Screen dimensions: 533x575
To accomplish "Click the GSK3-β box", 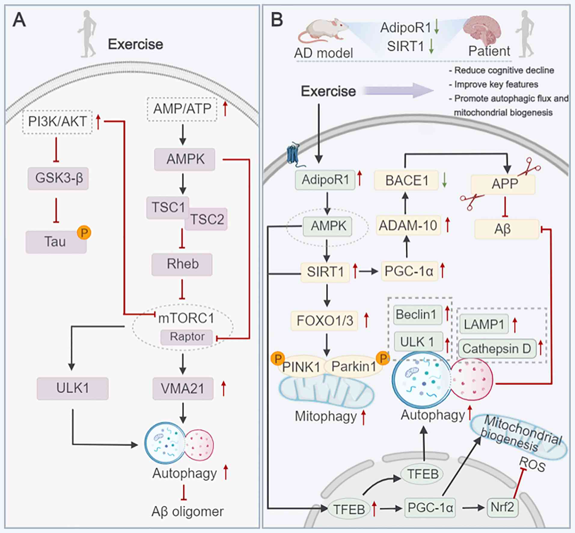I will pyautogui.click(x=58, y=178).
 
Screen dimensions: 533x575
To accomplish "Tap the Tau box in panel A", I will pyautogui.click(x=56, y=242).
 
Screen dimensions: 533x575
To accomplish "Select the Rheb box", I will pyautogui.click(x=182, y=264).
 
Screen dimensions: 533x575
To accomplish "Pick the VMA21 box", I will pyautogui.click(x=183, y=388).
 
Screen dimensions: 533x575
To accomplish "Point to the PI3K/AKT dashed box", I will pyautogui.click(x=57, y=122).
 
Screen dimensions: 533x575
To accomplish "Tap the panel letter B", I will pyautogui.click(x=277, y=20).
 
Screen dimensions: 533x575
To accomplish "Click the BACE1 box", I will pyautogui.click(x=406, y=180).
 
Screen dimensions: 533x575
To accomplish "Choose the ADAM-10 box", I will pyautogui.click(x=408, y=225).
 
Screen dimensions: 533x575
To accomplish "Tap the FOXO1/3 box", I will pyautogui.click(x=325, y=321).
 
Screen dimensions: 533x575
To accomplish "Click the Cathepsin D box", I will pyautogui.click(x=497, y=349).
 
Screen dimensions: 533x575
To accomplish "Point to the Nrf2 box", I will pyautogui.click(x=502, y=507).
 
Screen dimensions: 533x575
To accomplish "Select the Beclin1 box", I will pyautogui.click(x=417, y=315).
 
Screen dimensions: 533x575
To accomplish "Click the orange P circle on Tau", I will pyautogui.click(x=84, y=233).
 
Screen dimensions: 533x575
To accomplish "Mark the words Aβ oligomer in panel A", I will pyautogui.click(x=187, y=511).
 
